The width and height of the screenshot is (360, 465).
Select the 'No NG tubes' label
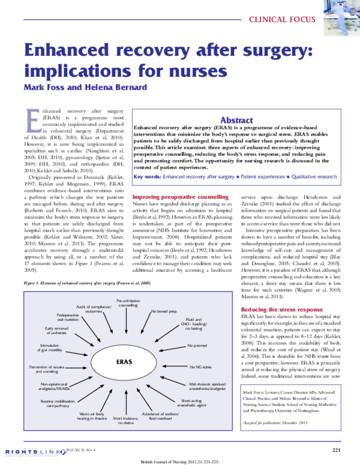pos(199,365)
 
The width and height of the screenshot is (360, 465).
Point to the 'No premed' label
pos(197,345)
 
